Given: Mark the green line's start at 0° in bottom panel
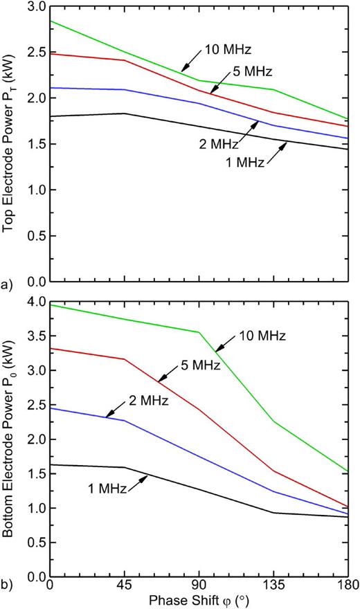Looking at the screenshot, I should [x=50, y=304].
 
